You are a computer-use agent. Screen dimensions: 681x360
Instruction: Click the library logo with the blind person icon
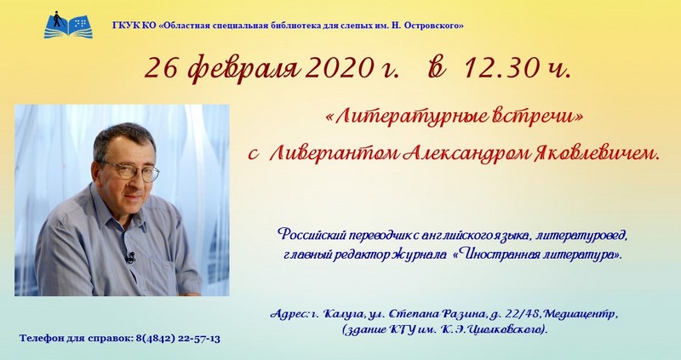point(68,25)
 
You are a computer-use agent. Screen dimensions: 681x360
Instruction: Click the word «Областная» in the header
point(183,26)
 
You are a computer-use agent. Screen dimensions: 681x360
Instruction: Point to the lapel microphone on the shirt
point(130,258)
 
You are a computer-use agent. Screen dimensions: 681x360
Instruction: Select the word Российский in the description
point(308,236)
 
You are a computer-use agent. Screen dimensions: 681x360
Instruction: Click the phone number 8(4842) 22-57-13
point(178,339)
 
